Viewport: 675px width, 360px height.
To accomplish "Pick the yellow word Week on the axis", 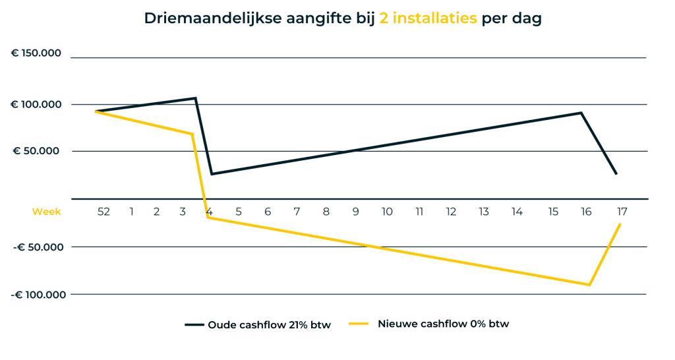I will coord(46,212).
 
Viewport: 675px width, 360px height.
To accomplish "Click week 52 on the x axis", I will coord(103,212).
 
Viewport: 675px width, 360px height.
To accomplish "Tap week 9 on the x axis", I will coord(355,212).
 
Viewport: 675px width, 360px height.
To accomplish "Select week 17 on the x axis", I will coord(622,212).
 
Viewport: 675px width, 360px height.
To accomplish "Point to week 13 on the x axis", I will coord(484,212).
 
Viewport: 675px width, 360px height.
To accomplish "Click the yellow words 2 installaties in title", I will coord(428,18).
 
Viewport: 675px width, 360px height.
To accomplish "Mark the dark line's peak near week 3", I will coord(195,98).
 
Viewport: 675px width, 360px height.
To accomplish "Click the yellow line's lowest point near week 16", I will coord(589,285).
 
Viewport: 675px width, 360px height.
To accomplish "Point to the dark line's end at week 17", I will coord(616,174).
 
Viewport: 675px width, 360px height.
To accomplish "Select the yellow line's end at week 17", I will coord(620,224).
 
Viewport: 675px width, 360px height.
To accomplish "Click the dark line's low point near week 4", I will coord(212,174).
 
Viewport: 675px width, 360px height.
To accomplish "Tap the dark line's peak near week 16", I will coord(581,113).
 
